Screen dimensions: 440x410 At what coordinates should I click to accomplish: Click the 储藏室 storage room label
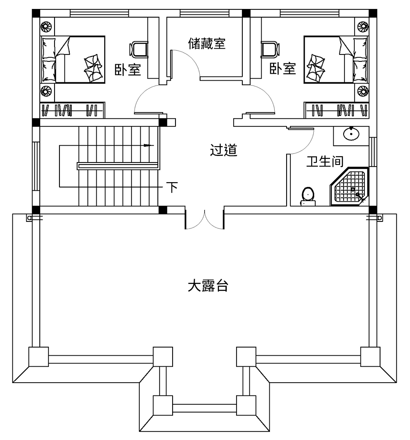click(x=207, y=43)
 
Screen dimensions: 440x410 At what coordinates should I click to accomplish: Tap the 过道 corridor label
click(x=223, y=150)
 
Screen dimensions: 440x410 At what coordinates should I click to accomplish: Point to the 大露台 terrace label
click(x=207, y=286)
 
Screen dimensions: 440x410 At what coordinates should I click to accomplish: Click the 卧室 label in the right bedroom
click(x=282, y=68)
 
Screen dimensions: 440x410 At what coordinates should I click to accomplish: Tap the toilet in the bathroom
click(x=307, y=196)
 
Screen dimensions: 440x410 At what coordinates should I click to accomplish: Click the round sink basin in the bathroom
click(x=351, y=134)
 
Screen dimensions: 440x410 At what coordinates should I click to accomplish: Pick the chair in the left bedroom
click(x=139, y=49)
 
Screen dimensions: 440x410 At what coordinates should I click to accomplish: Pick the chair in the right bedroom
click(x=270, y=49)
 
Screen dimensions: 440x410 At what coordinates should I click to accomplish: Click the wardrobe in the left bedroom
click(x=72, y=110)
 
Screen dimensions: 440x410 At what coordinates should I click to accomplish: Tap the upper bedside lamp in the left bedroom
click(x=46, y=27)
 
